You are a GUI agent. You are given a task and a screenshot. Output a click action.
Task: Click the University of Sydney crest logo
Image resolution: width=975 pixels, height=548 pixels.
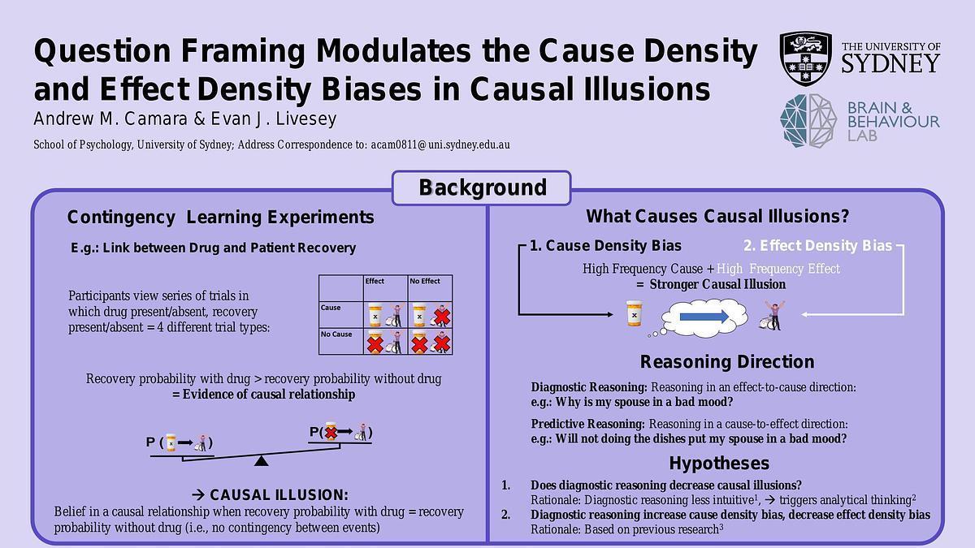click(x=805, y=58)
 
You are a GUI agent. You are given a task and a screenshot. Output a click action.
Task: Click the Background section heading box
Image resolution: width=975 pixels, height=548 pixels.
click(x=483, y=188)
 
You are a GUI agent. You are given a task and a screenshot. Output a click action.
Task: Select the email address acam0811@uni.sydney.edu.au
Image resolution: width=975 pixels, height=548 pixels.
click(x=440, y=145)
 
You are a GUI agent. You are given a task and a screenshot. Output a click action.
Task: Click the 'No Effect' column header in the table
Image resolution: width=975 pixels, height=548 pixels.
click(x=425, y=282)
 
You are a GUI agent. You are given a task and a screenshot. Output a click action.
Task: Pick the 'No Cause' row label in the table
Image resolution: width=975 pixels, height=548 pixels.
click(x=336, y=334)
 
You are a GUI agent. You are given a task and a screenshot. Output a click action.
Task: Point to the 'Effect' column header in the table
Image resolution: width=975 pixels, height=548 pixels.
click(x=375, y=282)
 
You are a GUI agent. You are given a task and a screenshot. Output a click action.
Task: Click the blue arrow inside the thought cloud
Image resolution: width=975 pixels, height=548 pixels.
click(x=704, y=317)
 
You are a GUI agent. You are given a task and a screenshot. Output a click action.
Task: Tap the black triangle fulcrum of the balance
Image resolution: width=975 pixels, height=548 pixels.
click(x=261, y=461)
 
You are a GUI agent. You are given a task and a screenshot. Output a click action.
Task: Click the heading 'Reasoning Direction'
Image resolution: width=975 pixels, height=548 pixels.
click(x=727, y=362)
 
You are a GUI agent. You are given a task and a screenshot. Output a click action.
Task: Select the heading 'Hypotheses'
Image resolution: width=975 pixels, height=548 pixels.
click(x=719, y=464)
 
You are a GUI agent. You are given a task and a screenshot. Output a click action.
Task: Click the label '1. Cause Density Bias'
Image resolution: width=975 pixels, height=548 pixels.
click(x=605, y=246)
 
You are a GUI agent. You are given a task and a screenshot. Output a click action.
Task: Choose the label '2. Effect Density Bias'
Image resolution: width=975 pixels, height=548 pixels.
click(x=818, y=246)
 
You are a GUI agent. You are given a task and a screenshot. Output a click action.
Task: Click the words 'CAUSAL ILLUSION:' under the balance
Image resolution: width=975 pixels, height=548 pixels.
click(x=279, y=495)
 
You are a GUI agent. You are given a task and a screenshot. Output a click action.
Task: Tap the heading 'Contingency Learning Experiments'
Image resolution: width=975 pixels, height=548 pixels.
click(x=220, y=218)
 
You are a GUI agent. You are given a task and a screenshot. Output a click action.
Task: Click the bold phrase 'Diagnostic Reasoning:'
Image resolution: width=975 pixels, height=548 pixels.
click(x=589, y=388)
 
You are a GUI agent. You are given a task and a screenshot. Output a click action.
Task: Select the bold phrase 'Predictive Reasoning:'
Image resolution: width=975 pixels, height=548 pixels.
click(x=588, y=424)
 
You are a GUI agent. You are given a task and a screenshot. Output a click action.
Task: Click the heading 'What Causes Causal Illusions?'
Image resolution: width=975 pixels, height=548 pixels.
click(x=717, y=217)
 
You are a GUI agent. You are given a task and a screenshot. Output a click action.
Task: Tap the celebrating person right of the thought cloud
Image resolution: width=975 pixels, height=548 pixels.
click(x=774, y=315)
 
